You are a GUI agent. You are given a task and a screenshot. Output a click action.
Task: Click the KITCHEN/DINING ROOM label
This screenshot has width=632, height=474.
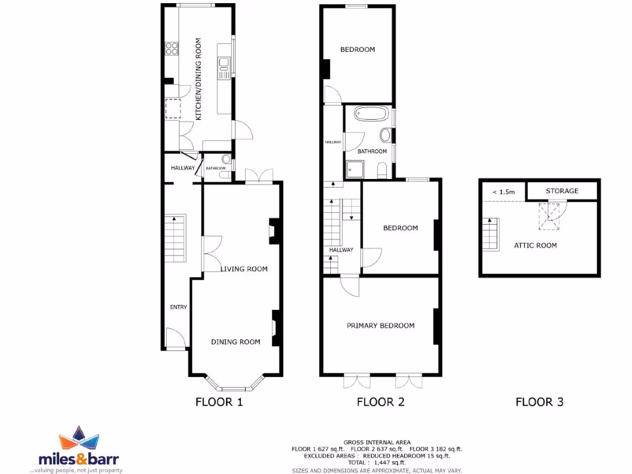pyautogui.click(x=199, y=79)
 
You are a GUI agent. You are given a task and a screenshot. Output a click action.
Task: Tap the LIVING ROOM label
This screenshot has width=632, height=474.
pyautogui.click(x=244, y=269)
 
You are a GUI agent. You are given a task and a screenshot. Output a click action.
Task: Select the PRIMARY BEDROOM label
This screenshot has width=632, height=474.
pyautogui.click(x=380, y=326)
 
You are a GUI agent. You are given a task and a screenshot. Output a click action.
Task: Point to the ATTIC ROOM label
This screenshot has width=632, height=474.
pyautogui.click(x=535, y=246)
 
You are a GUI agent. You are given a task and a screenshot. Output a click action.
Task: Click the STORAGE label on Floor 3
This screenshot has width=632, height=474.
pyautogui.click(x=562, y=191)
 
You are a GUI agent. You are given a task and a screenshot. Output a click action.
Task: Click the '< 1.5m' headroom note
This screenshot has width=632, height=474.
pyautogui.click(x=504, y=192)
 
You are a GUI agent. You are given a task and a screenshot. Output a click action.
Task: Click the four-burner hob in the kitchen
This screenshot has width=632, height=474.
pyautogui.click(x=171, y=49)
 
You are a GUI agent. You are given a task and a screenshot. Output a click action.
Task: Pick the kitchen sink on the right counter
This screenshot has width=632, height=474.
pyautogui.click(x=223, y=63)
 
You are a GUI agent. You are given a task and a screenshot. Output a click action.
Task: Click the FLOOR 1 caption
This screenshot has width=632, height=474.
pyautogui.click(x=219, y=402)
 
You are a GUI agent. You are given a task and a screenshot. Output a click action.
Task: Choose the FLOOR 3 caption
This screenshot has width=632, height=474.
pyautogui.click(x=539, y=402)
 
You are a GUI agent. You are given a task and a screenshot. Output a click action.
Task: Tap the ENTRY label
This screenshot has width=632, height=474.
pyautogui.click(x=179, y=307)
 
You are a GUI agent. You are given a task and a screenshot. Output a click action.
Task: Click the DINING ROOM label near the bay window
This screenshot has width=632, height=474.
pyautogui.click(x=236, y=342)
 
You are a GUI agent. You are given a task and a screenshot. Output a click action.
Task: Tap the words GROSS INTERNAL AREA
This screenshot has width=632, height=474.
pyautogui.click(x=376, y=443)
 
